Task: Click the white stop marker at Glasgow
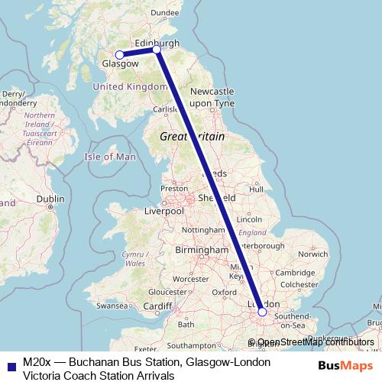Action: click(x=119, y=55)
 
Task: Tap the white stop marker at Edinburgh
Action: click(x=157, y=50)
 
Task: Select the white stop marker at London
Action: click(x=262, y=311)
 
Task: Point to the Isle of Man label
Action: click(x=109, y=157)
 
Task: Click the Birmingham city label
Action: click(x=201, y=250)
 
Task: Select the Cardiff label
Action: click(x=157, y=306)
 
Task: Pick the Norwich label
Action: click(x=313, y=253)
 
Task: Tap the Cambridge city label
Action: click(x=294, y=273)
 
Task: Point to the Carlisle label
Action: click(x=166, y=109)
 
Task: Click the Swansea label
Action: click(x=112, y=306)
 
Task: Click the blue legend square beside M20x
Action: click(x=9, y=365)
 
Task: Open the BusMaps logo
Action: click(x=345, y=365)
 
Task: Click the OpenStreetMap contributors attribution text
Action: click(x=316, y=342)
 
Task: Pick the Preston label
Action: click(x=173, y=188)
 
